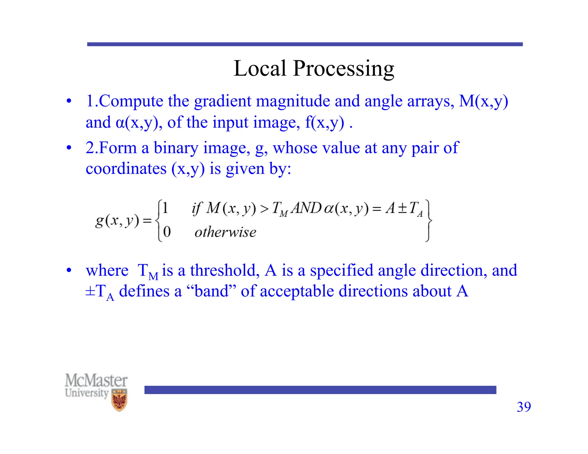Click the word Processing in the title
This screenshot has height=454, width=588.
coord(343,69)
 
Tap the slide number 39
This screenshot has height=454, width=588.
coord(524,407)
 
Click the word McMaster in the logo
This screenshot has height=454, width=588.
coord(96,381)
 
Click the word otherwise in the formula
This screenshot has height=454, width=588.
coord(225,232)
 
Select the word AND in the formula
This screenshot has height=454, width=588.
coord(306,208)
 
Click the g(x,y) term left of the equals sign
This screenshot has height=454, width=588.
coord(117,221)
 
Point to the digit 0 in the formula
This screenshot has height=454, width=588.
coord(167,232)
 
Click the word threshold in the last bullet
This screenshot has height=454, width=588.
coord(223,270)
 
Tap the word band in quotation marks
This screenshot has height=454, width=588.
coord(211,291)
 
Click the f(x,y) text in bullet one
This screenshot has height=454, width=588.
coord(324,123)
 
